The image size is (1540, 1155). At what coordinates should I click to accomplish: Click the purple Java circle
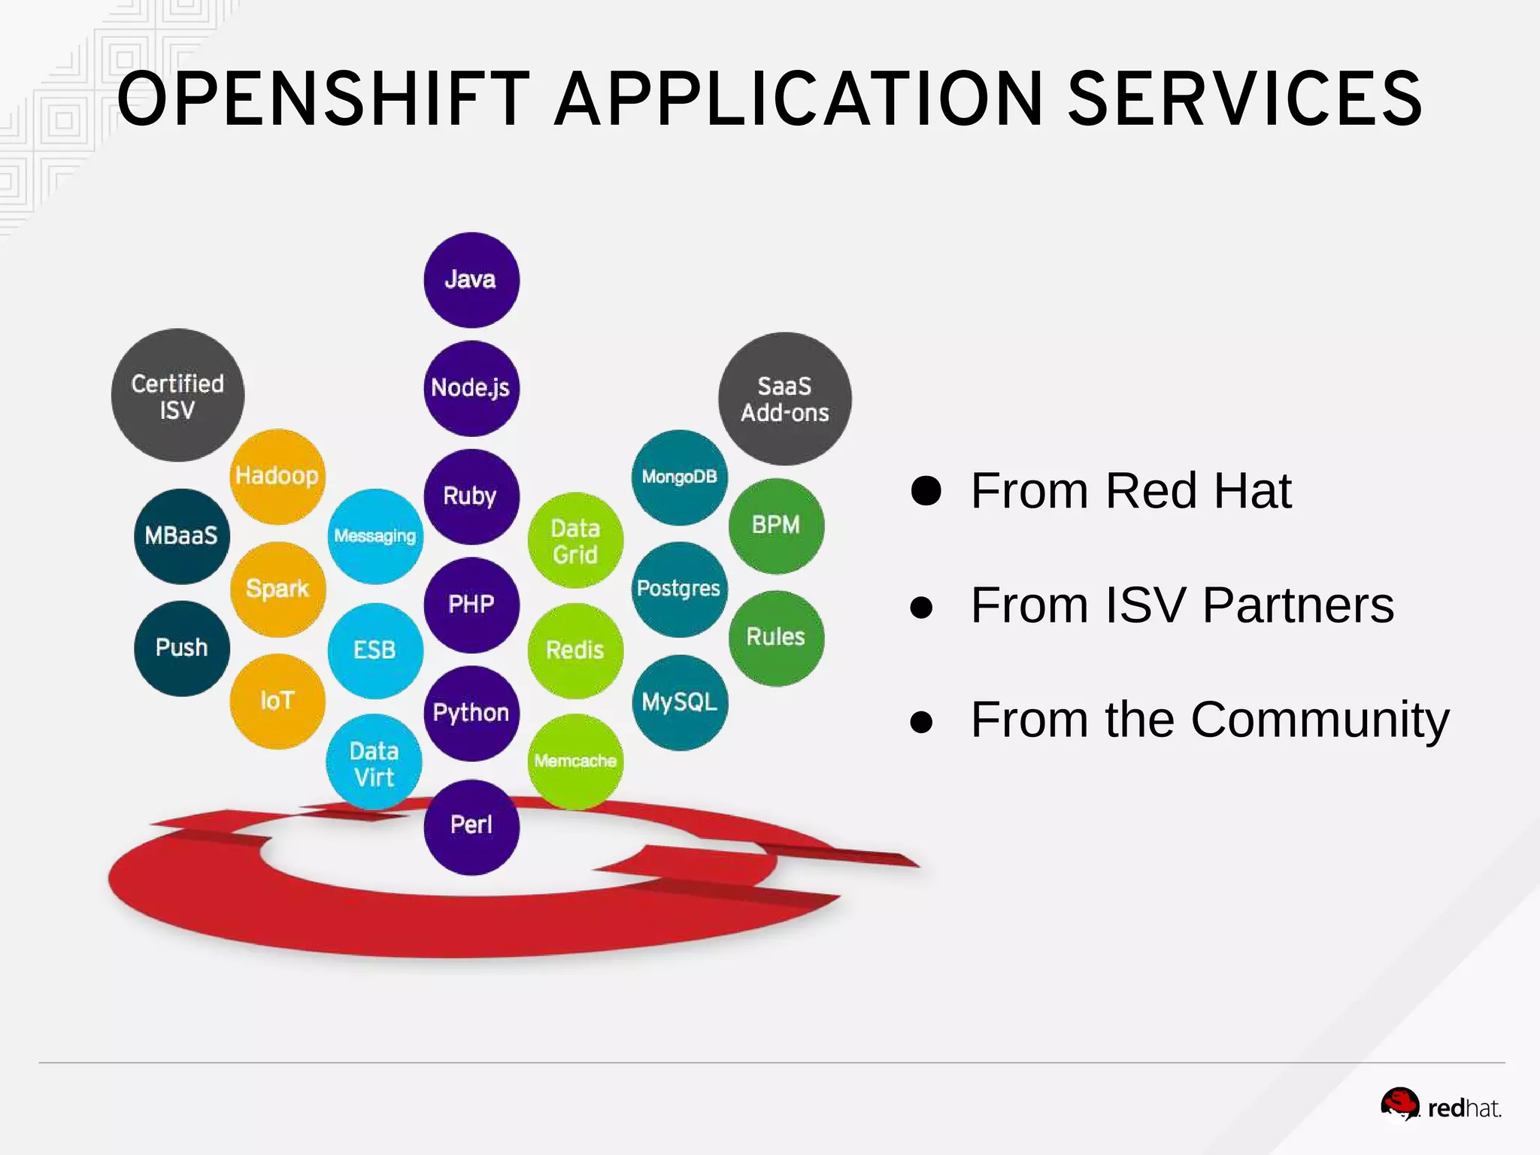tap(471, 280)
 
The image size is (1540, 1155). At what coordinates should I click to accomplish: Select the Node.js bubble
tap(471, 388)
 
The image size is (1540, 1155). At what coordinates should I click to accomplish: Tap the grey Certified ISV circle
tap(178, 396)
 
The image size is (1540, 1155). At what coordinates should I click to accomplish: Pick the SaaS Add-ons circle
tap(785, 399)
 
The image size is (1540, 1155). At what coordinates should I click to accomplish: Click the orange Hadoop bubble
tap(277, 476)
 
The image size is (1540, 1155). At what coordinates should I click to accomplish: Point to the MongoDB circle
tap(680, 477)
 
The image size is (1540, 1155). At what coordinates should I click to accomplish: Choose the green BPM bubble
tap(776, 526)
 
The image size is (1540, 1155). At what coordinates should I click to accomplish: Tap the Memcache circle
tap(576, 761)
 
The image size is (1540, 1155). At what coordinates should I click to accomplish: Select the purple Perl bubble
tap(471, 826)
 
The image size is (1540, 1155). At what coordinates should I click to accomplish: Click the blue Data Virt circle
tap(374, 762)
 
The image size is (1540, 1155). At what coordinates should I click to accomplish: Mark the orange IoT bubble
tap(277, 701)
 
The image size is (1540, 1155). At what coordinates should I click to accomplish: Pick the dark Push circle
tap(182, 648)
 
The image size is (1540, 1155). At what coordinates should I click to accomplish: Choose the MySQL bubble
tap(680, 702)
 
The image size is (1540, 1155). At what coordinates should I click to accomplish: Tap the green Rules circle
tap(776, 638)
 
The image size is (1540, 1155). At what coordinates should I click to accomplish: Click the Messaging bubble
tap(375, 536)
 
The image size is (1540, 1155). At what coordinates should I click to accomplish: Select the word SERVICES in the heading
tap(1244, 99)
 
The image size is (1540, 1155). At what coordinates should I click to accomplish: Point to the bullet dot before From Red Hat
tap(926, 491)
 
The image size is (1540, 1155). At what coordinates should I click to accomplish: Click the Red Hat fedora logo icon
tap(1399, 1104)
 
